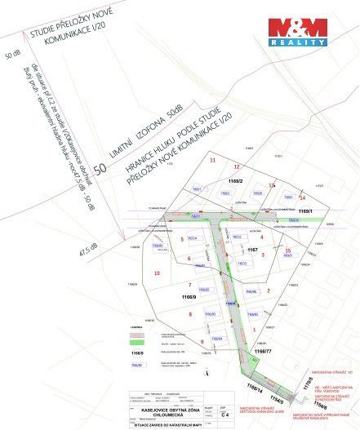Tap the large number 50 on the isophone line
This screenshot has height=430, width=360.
click(x=100, y=169)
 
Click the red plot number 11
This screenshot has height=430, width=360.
click(x=212, y=160)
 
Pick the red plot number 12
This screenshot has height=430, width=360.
click(x=238, y=166)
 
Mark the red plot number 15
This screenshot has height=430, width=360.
click(x=287, y=250)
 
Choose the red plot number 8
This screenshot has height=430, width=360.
click(x=191, y=313)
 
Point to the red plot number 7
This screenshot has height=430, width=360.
click(x=189, y=285)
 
